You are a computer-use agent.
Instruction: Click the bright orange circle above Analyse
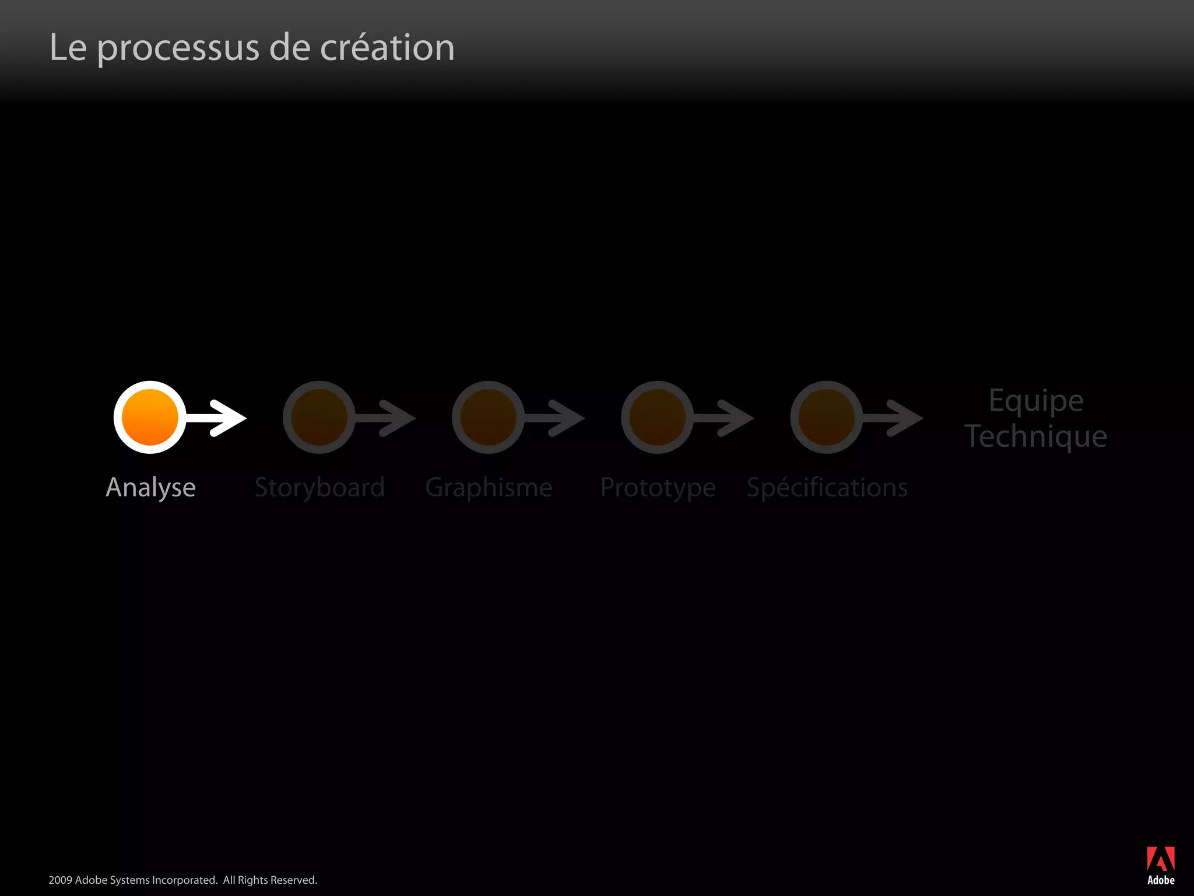[150, 417]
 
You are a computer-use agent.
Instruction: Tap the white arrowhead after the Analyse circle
[230, 418]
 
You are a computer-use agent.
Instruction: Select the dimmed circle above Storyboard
[319, 417]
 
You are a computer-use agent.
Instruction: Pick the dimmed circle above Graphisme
[488, 417]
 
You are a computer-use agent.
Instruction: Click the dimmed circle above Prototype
[657, 417]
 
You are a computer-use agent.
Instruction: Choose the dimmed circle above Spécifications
[826, 417]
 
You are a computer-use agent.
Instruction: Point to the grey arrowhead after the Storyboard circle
[399, 418]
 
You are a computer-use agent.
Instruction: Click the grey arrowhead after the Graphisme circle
[568, 418]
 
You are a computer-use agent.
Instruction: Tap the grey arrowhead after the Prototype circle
[737, 418]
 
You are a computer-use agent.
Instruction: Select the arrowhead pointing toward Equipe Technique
[906, 418]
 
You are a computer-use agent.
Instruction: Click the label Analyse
[150, 488]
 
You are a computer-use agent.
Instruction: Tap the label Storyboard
[319, 488]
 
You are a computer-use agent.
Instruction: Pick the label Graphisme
[489, 488]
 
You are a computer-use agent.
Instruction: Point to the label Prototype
[658, 488]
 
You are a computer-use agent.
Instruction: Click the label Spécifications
[827, 488]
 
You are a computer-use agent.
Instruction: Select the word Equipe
[1036, 401]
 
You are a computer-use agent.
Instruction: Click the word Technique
[1035, 436]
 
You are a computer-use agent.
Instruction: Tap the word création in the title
[387, 48]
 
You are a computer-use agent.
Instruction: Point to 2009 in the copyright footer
[60, 880]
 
